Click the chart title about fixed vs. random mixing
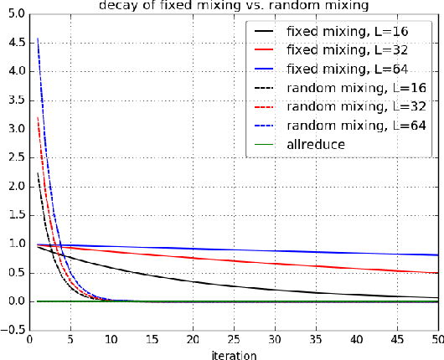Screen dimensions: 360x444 [x=234, y=6]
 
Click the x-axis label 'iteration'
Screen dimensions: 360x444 [x=234, y=353]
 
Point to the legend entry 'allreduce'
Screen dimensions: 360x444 [x=316, y=143]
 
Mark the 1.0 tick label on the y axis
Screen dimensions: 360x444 [x=14, y=244]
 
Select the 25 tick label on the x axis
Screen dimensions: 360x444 [x=234, y=340]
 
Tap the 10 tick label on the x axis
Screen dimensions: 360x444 [x=111, y=340]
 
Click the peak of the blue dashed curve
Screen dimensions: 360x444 [x=38, y=38]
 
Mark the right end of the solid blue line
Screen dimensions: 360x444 [x=438, y=255]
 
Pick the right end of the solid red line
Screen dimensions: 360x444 [x=438, y=273]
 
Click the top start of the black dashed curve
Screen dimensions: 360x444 [x=38, y=174]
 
